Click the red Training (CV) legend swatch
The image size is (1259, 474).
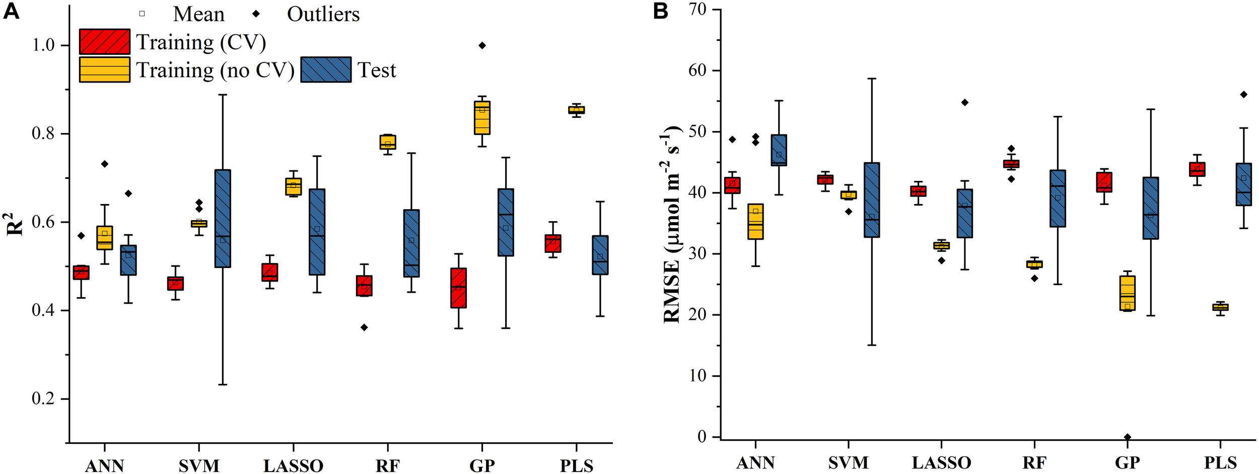[x=105, y=42]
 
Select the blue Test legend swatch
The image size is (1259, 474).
[x=326, y=70]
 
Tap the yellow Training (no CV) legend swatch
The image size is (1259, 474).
[x=105, y=70]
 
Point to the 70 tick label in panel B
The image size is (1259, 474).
[x=697, y=9]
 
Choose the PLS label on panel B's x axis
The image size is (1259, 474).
[x=1220, y=462]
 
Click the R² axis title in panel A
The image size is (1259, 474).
[x=15, y=225]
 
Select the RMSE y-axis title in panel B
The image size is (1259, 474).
[x=672, y=224]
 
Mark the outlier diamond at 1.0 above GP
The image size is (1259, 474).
[x=482, y=45]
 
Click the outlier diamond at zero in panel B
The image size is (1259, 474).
[x=1128, y=437]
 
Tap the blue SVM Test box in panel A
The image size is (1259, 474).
[x=223, y=218]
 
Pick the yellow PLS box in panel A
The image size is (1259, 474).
[x=576, y=110]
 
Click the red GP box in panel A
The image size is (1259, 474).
[x=458, y=288]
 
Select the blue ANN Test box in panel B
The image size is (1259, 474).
[x=779, y=150]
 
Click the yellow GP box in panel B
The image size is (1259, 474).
[x=1128, y=293]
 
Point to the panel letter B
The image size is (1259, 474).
[x=660, y=11]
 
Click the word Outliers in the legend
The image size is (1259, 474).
[x=323, y=14]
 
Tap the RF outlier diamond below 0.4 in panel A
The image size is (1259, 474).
[x=364, y=327]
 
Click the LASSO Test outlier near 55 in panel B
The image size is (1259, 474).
[x=965, y=102]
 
